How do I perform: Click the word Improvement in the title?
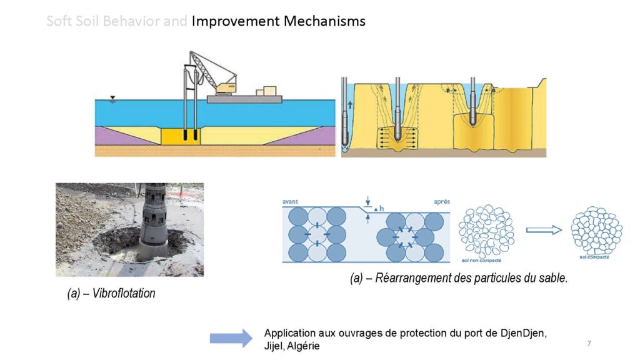pos(236,21)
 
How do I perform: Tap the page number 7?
pos(589,344)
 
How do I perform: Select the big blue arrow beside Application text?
pos(231,338)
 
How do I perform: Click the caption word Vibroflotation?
pos(124,293)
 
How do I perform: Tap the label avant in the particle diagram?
pos(291,201)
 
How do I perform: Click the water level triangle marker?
pos(112,98)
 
